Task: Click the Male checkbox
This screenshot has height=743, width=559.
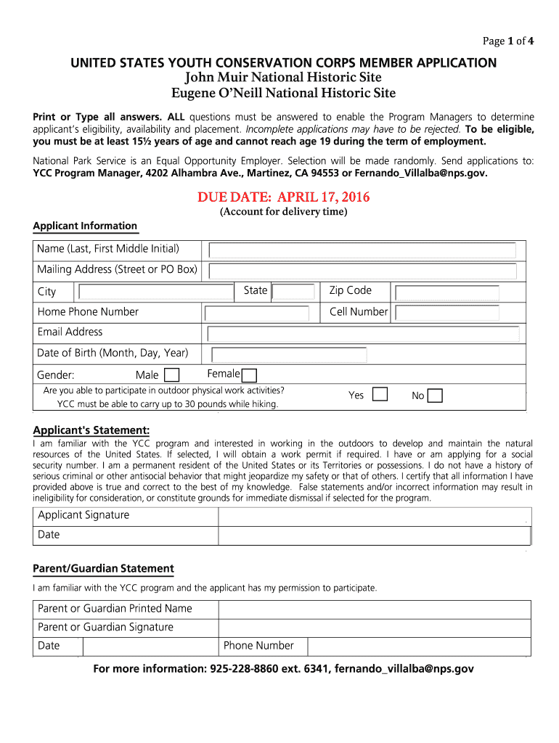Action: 172,375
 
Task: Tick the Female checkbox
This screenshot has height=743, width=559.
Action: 249,375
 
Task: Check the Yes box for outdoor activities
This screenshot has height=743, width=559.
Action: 380,394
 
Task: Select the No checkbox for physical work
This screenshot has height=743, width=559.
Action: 435,395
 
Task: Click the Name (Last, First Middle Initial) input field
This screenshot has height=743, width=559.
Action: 362,250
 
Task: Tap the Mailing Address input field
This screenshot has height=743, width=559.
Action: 362,271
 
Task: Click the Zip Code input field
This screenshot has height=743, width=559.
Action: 447,292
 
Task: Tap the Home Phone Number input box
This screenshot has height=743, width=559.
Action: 262,313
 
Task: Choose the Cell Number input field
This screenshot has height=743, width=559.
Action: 447,313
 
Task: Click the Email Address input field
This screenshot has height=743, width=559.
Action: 362,334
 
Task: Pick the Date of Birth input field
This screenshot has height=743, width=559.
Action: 289,354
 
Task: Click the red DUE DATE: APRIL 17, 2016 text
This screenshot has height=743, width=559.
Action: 283,197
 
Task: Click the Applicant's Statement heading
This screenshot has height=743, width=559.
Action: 91,430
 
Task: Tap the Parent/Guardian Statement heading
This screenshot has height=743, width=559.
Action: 104,568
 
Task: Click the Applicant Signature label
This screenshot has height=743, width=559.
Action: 83,515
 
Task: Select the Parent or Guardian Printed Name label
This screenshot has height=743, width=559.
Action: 115,608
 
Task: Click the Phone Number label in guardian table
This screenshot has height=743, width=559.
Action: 258,646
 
